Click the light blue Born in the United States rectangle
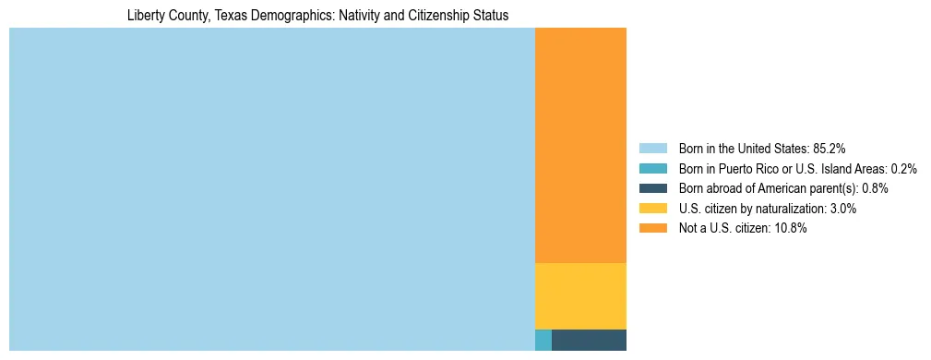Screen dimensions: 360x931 (272, 189)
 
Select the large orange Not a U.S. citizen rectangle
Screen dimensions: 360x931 (580, 145)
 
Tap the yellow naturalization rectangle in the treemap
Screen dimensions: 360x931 (580, 295)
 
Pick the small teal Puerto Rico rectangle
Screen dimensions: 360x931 (543, 340)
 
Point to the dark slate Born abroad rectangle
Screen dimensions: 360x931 (589, 340)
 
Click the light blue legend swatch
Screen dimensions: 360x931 (652, 148)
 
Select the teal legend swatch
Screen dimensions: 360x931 (652, 168)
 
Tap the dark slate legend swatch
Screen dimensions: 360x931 (652, 188)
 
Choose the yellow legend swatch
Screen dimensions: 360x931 (652, 209)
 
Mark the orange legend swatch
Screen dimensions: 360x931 (652, 229)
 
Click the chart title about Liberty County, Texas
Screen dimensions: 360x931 (317, 16)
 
